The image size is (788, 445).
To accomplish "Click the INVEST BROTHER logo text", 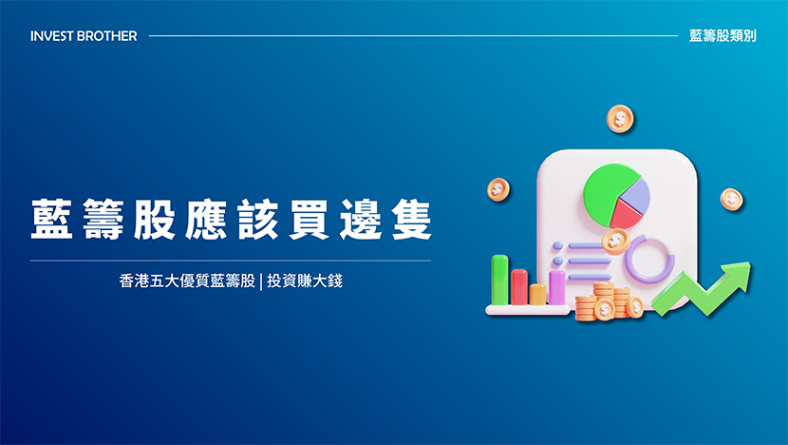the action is (84, 36).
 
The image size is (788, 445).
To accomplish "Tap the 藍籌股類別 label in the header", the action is (722, 36).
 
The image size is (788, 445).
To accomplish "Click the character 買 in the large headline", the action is (310, 220).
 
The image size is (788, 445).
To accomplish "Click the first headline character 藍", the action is (52, 220).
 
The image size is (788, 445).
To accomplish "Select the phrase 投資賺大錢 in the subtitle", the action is (305, 281).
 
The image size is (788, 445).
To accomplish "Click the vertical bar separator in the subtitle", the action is (261, 281).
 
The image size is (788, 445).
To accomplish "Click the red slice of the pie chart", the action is (626, 212).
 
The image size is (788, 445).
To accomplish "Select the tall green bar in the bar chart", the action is (499, 280).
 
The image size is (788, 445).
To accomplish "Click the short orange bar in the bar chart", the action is (537, 295).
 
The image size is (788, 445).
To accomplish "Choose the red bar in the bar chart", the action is (519, 287).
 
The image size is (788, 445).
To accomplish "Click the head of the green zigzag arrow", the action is (737, 275).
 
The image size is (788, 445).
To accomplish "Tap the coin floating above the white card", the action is (620, 119).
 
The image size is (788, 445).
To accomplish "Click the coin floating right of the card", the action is (732, 200).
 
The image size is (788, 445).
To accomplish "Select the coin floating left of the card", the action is (498, 190).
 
